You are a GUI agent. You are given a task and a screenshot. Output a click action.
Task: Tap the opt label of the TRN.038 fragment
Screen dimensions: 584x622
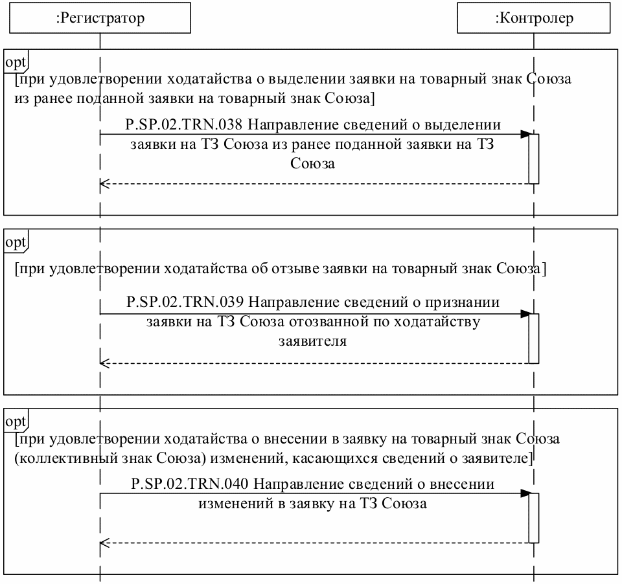(x=16, y=62)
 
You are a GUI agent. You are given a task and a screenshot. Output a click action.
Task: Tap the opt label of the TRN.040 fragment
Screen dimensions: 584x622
(x=16, y=422)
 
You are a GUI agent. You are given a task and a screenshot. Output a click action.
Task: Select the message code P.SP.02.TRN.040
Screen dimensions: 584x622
(x=189, y=484)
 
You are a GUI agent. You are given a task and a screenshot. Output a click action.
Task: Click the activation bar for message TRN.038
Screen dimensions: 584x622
(x=534, y=159)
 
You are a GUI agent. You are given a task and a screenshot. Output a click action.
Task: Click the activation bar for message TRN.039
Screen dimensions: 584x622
(x=534, y=338)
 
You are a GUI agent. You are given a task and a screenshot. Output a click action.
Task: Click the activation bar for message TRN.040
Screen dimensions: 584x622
(x=534, y=518)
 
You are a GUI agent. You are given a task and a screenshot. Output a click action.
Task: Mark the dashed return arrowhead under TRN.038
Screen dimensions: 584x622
(x=104, y=184)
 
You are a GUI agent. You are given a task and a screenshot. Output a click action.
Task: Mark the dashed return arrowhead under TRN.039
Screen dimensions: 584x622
(x=104, y=363)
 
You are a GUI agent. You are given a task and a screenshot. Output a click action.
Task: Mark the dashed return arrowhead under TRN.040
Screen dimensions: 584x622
(x=104, y=543)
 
